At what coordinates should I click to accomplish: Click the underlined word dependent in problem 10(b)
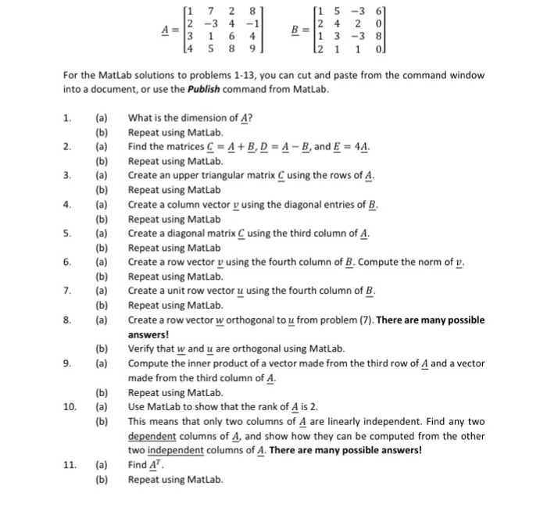pyautogui.click(x=152, y=435)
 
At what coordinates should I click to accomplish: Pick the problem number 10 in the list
pyautogui.click(x=70, y=406)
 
